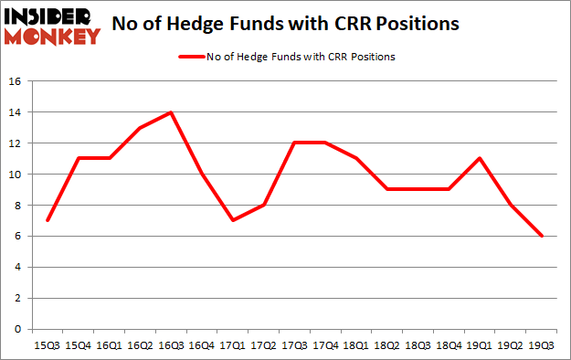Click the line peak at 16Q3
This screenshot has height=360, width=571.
(170, 112)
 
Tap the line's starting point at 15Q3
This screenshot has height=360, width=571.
(46, 220)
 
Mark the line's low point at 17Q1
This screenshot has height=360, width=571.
(233, 220)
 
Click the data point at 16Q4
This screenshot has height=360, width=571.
(202, 174)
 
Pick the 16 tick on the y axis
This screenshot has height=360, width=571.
(16, 81)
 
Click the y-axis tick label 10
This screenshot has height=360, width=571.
(16, 175)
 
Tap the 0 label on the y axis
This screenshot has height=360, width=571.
(18, 329)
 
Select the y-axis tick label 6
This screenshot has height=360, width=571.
(18, 237)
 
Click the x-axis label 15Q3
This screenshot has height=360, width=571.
(46, 345)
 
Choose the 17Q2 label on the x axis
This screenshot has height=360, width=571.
(264, 345)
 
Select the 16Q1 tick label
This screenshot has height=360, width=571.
(108, 345)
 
